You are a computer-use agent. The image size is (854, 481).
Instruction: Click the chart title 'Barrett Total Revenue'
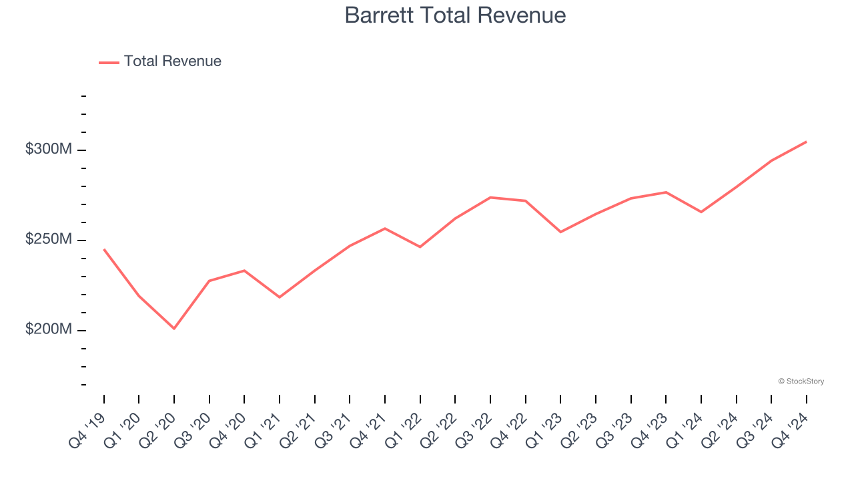455,15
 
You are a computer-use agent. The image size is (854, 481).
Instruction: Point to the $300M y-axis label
48,150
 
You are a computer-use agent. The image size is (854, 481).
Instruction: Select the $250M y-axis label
48,240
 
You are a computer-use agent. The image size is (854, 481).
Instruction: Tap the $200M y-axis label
48,330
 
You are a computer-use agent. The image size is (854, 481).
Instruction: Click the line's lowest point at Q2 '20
174,329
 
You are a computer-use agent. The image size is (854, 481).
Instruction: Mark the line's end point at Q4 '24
807,142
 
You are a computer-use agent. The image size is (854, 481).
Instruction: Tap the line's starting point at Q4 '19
104,249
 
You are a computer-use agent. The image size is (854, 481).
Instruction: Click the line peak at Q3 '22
490,197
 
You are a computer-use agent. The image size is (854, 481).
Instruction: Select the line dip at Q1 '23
560,232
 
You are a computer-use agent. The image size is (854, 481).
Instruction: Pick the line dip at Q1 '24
701,212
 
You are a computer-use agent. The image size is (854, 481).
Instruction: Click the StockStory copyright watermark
801,381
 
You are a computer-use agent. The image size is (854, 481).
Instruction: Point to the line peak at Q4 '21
385,228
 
